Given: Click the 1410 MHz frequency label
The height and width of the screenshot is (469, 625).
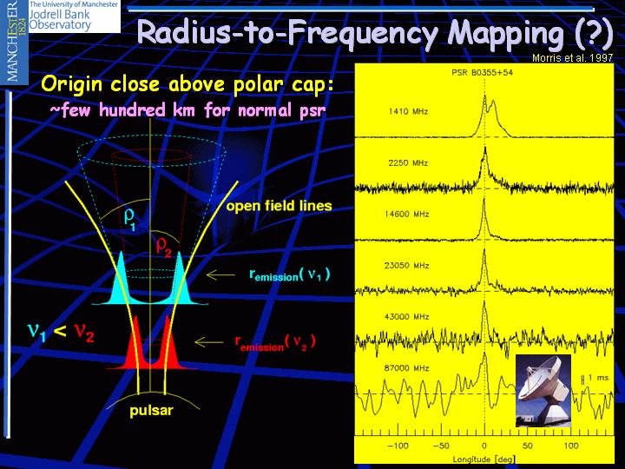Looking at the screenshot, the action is [x=408, y=111].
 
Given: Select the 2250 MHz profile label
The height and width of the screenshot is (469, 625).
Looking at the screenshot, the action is [x=408, y=162].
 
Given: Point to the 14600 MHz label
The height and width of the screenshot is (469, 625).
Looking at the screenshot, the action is [x=406, y=215].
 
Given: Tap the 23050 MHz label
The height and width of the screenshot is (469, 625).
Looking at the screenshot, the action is [x=406, y=266].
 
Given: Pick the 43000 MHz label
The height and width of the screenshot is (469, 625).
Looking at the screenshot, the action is [x=406, y=317].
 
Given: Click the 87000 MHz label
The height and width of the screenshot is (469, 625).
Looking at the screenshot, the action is [x=406, y=368].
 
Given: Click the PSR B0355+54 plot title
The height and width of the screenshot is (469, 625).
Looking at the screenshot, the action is [x=482, y=73].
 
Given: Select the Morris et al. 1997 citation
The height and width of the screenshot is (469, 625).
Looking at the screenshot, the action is [x=572, y=58].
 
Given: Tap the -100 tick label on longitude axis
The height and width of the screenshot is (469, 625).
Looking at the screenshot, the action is [x=398, y=446].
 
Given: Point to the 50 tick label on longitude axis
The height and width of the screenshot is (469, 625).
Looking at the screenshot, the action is [x=528, y=446].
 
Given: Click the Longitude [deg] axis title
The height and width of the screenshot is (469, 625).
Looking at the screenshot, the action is [x=484, y=459].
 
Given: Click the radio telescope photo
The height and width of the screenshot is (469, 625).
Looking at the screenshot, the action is [x=543, y=391].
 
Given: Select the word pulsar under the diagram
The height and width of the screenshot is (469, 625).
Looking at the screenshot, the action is [x=151, y=411].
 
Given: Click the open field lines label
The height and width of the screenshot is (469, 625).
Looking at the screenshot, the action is [x=279, y=206].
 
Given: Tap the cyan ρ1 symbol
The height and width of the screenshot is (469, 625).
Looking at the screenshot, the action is [x=130, y=220].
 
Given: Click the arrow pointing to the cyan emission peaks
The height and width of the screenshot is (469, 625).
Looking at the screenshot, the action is [x=220, y=274].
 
